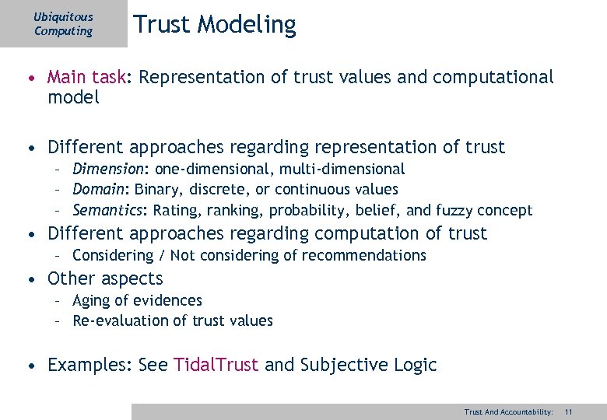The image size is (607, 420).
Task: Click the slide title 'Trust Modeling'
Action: pyautogui.click(x=214, y=25)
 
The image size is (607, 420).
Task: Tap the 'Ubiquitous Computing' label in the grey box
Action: pyautogui.click(x=63, y=24)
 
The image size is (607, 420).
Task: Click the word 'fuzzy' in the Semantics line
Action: pyautogui.click(x=452, y=210)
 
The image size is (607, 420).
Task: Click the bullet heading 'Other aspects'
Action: pyautogui.click(x=105, y=278)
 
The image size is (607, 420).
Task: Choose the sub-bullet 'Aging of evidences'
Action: pyautogui.click(x=137, y=300)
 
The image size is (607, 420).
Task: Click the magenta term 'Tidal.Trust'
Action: pyautogui.click(x=216, y=365)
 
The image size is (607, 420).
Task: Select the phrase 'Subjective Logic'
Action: pyautogui.click(x=368, y=365)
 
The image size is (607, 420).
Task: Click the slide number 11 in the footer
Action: pyautogui.click(x=569, y=411)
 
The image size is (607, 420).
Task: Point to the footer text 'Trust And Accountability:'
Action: pyautogui.click(x=508, y=411)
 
